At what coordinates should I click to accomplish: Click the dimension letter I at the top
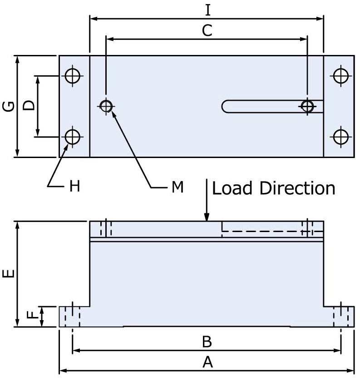click(x=207, y=9)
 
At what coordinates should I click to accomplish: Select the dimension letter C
click(x=207, y=30)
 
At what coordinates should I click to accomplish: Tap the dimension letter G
click(x=8, y=107)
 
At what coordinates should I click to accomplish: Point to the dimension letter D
click(x=28, y=106)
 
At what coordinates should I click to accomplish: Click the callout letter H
click(x=74, y=186)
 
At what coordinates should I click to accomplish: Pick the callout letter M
click(x=178, y=186)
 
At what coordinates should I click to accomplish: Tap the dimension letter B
click(x=207, y=341)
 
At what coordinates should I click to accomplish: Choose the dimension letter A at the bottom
click(x=207, y=362)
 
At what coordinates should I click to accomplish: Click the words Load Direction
click(x=274, y=188)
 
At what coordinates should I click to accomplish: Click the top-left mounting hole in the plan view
click(x=73, y=76)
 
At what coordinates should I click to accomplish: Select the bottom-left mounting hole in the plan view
click(x=73, y=136)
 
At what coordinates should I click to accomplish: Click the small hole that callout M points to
click(x=106, y=106)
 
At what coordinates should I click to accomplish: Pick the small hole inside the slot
click(x=308, y=106)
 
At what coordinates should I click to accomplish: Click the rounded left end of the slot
click(x=226, y=106)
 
